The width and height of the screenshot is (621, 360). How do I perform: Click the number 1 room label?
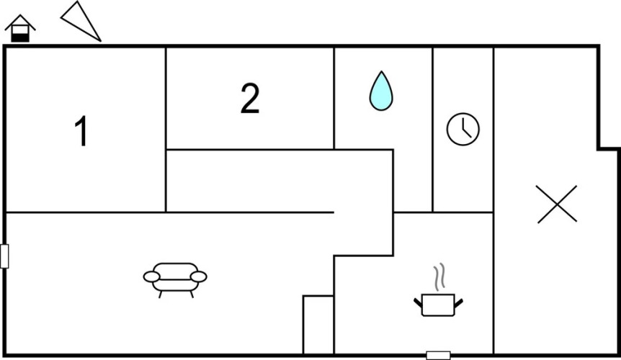tap(81, 131)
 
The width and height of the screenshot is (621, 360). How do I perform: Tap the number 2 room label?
tap(250, 98)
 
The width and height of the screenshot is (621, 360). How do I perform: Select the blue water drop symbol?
tap(381, 91)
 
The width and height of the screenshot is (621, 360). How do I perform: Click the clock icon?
tap(463, 129)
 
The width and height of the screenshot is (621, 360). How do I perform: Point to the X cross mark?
tap(557, 204)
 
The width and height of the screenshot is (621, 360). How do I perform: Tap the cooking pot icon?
tap(438, 305)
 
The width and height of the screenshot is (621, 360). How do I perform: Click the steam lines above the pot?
tap(439, 277)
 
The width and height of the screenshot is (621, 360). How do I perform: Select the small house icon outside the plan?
tap(20, 29)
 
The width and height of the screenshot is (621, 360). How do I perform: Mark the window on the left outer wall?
tap(4, 256)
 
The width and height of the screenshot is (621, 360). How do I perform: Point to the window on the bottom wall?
tap(438, 355)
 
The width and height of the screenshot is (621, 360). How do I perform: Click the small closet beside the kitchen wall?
tap(318, 325)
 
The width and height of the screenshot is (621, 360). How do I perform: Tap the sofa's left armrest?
tap(152, 277)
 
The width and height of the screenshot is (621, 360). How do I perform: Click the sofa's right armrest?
tap(198, 277)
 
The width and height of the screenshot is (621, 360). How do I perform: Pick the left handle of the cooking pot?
tap(419, 303)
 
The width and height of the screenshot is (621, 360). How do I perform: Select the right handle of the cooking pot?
tap(459, 303)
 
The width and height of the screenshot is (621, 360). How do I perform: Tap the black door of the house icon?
tap(20, 38)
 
